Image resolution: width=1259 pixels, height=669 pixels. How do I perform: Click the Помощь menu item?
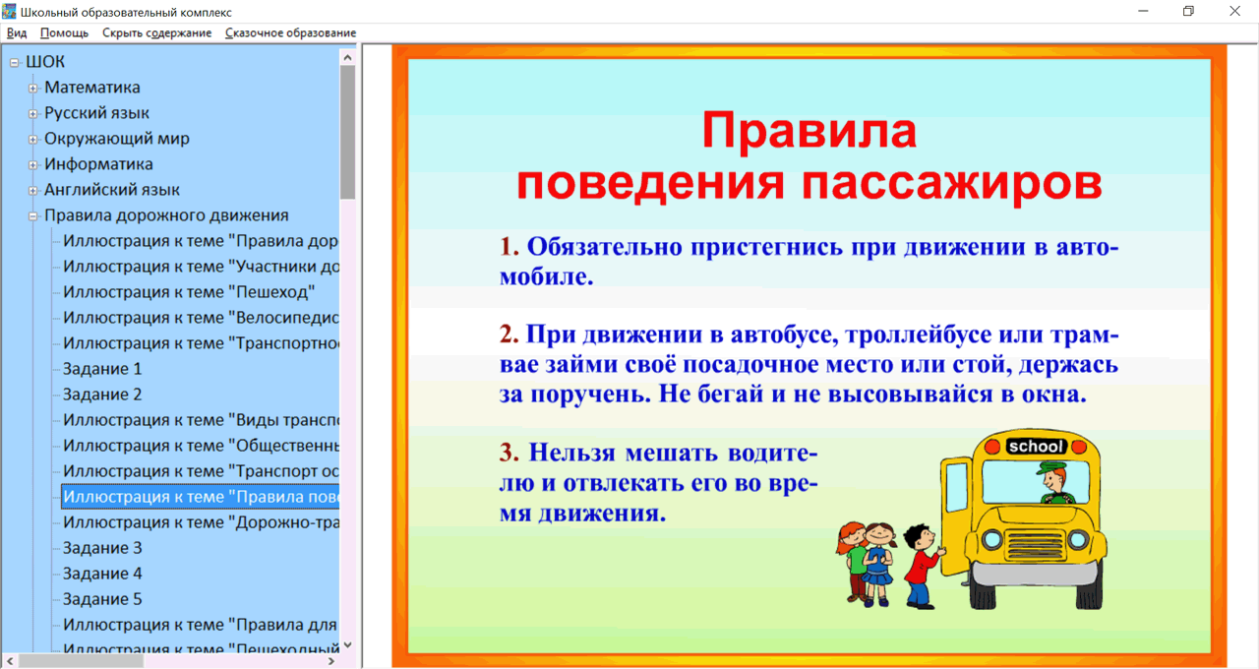(x=64, y=32)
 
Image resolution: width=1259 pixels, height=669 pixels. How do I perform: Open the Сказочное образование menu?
(x=290, y=32)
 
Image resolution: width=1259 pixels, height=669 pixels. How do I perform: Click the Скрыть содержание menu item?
(x=156, y=32)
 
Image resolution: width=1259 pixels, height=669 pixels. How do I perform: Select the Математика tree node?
(x=92, y=88)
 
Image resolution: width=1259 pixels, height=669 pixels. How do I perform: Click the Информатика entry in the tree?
(x=98, y=164)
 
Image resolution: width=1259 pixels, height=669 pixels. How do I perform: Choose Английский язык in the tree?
(x=112, y=190)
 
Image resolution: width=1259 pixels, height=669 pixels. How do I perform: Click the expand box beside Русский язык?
(x=33, y=114)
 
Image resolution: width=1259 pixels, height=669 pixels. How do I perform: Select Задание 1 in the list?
(x=102, y=369)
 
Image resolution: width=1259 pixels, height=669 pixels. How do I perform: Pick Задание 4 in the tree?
(x=102, y=574)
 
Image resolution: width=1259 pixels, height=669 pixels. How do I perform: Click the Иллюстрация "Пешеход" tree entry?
(x=189, y=292)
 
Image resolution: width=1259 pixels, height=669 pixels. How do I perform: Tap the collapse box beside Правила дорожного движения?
(x=33, y=216)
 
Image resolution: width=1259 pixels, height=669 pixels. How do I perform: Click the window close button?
(x=1235, y=12)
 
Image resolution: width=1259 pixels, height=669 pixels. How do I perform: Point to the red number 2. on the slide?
(x=509, y=334)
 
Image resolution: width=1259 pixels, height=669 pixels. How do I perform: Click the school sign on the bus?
(x=1036, y=447)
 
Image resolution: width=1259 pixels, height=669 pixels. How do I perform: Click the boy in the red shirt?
(x=922, y=565)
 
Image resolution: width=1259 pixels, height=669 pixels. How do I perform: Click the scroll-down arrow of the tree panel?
(x=347, y=645)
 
